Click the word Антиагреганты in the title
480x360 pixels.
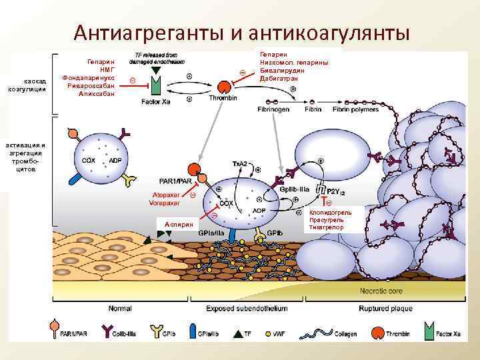pyautogui.click(x=151, y=32)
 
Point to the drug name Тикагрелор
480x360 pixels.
pyautogui.click(x=326, y=227)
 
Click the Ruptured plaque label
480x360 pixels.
pyautogui.click(x=386, y=309)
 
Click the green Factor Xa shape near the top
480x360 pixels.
pyautogui.click(x=156, y=85)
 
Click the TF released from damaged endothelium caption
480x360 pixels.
pyautogui.click(x=156, y=58)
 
